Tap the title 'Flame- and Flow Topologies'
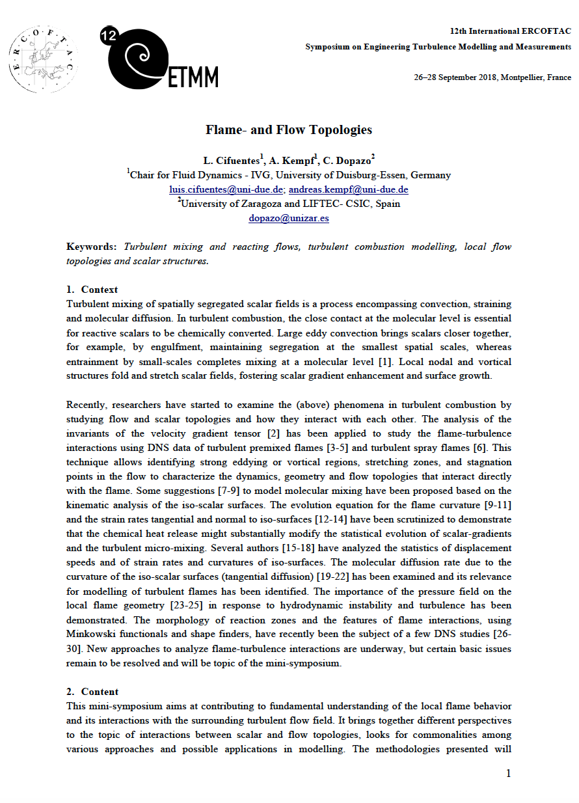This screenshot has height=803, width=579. click(289, 129)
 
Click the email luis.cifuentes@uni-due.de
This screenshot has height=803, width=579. click(226, 189)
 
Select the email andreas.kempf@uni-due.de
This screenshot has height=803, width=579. click(348, 189)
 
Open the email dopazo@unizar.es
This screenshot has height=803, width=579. click(289, 218)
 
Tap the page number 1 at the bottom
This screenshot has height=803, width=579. click(508, 774)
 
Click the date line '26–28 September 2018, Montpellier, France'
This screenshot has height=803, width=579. click(492, 77)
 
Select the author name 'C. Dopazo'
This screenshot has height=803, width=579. click(350, 160)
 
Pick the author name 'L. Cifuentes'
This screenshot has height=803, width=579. click(232, 160)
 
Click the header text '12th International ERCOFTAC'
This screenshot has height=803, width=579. click(510, 31)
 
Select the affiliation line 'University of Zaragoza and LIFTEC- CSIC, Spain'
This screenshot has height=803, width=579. click(290, 204)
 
